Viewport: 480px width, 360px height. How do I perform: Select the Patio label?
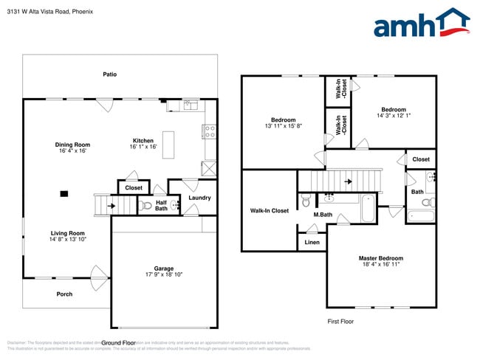[x=109, y=75]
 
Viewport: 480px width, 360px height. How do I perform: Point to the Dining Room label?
[x=72, y=145]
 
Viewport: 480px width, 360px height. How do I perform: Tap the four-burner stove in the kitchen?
[x=210, y=132]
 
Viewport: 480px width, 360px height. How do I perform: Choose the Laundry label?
[x=199, y=198]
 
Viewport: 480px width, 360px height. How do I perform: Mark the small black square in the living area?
[x=64, y=194]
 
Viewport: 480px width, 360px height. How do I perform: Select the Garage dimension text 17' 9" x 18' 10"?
[x=163, y=274]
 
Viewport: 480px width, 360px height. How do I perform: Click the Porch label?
[x=65, y=294]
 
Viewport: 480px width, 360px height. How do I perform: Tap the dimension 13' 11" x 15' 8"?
[x=283, y=126]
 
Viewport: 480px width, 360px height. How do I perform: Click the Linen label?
[x=312, y=243]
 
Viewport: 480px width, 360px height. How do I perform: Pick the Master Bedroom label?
[x=380, y=258]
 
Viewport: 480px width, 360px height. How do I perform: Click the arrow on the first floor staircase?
[x=347, y=179]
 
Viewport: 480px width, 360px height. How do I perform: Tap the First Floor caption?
[x=341, y=322]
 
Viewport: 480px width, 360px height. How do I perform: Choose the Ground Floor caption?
[x=118, y=343]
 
